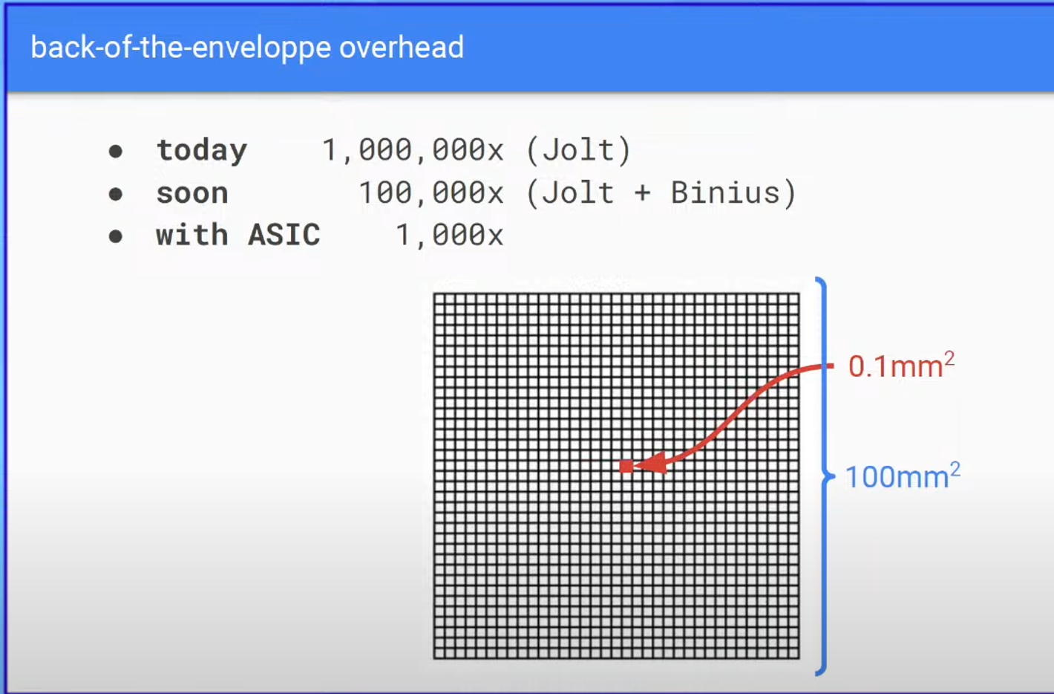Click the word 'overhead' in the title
click(x=402, y=48)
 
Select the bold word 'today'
click(x=202, y=151)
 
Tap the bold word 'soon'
click(x=192, y=193)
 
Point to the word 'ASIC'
click(x=284, y=235)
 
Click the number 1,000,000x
click(x=413, y=151)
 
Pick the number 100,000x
click(x=431, y=193)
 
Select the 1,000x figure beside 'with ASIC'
click(x=450, y=235)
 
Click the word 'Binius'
click(x=725, y=192)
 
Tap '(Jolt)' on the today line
click(x=579, y=151)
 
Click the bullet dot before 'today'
click(x=116, y=152)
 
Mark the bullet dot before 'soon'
click(x=116, y=194)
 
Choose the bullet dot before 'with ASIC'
click(x=116, y=236)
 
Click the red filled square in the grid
click(x=626, y=467)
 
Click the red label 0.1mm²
click(x=901, y=365)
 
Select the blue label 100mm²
click(x=903, y=476)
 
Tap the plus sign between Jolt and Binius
click(x=642, y=193)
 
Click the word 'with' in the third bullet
click(x=192, y=234)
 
